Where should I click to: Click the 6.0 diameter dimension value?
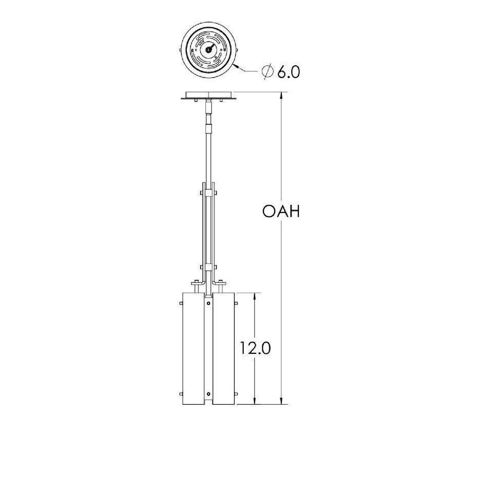click(x=289, y=72)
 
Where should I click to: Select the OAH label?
click(x=280, y=212)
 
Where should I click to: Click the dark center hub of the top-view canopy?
click(x=208, y=49)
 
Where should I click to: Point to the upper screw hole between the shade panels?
click(x=208, y=304)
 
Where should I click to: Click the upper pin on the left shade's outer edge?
click(x=182, y=306)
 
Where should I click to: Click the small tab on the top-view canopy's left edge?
click(x=180, y=50)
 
